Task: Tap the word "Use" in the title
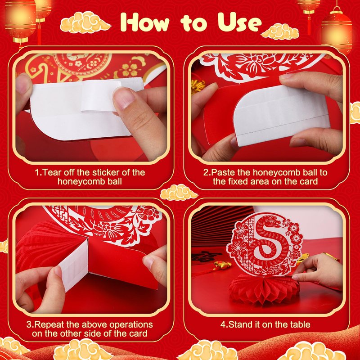point(240,22)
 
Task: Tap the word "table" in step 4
point(300,324)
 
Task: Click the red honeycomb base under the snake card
point(264,289)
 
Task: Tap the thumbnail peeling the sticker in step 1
point(124,98)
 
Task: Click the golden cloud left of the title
point(85,22)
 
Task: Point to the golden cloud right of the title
point(280,31)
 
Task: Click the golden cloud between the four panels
point(179,192)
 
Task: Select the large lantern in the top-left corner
point(20,21)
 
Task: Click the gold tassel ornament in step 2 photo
point(198,86)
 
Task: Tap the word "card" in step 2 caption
point(309,182)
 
